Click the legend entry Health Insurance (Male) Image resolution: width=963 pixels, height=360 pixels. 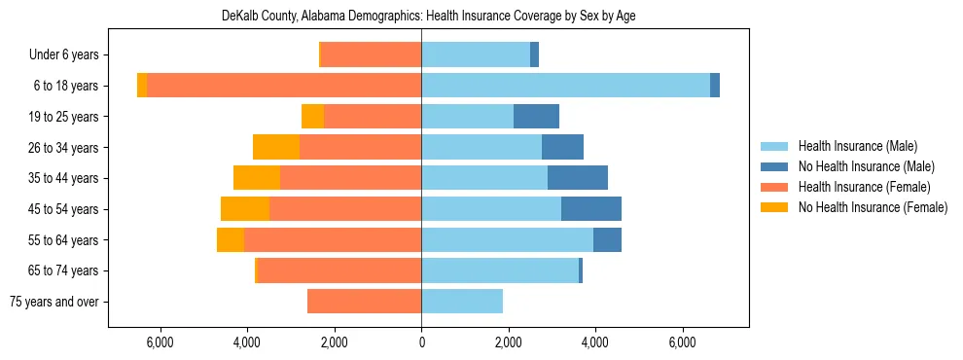(857, 146)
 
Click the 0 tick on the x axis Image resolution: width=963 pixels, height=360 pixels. (421, 342)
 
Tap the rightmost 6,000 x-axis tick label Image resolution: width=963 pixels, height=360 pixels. (683, 342)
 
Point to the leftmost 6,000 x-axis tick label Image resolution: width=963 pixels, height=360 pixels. (160, 342)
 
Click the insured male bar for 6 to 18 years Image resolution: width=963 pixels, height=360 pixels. (565, 86)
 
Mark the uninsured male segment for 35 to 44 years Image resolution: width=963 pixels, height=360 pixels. (578, 178)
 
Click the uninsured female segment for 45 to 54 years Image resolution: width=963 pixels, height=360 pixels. (245, 209)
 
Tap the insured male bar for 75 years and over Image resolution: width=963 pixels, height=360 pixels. (462, 302)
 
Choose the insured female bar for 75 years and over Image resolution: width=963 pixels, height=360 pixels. (365, 302)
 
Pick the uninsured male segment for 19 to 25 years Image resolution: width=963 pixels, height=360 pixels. (536, 117)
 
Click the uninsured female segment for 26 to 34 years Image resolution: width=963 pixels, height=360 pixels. (276, 147)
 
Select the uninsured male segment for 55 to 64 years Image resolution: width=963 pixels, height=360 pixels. (607, 239)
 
